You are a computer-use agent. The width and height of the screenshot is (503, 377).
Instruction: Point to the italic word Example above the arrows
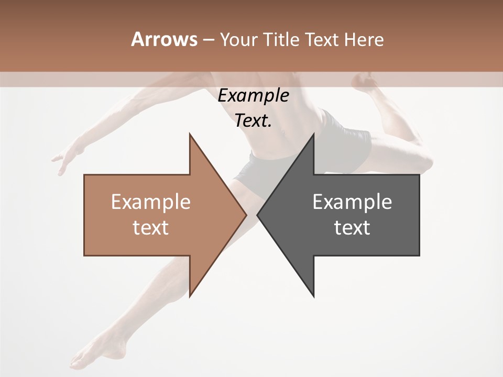pos(253,96)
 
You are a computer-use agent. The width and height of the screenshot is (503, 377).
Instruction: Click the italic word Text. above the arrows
pos(253,121)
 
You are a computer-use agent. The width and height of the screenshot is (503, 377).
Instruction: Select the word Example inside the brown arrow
pos(150,202)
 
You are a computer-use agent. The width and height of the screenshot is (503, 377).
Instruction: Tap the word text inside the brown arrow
pos(150,228)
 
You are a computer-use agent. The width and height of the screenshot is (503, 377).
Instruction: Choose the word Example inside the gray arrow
pos(352,202)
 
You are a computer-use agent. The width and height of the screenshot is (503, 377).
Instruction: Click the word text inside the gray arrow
pos(352,228)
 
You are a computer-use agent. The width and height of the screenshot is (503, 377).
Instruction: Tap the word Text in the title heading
pos(322,40)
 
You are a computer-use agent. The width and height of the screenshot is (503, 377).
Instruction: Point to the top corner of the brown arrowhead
pos(190,134)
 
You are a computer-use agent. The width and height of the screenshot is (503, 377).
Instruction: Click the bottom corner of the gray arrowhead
pos(313,296)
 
